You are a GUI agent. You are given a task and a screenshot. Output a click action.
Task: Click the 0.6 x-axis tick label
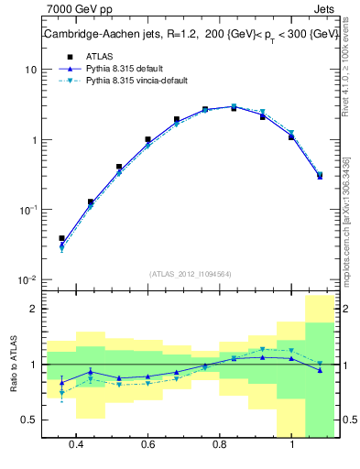pyautogui.click(x=147, y=444)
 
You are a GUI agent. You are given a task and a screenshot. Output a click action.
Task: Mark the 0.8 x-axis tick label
pyautogui.click(x=220, y=444)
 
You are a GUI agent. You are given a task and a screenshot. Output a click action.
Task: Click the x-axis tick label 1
pyautogui.click(x=291, y=444)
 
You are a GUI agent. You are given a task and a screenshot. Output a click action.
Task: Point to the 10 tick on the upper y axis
pyautogui.click(x=31, y=70)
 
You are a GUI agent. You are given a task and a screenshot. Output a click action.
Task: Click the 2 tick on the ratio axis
pyautogui.click(x=33, y=309)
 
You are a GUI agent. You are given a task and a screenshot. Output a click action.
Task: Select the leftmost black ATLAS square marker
pyautogui.click(x=61, y=238)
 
